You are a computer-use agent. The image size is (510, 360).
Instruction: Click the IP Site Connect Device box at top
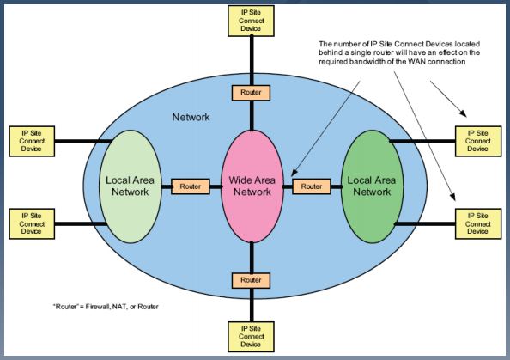tap(251, 21)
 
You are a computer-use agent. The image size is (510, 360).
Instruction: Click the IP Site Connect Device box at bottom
tap(251, 337)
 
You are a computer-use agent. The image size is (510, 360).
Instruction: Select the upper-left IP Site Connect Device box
tap(32, 141)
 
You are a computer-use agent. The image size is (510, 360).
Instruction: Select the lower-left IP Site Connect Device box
tap(32, 224)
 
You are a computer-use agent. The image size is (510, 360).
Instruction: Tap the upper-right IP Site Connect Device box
tap(478, 141)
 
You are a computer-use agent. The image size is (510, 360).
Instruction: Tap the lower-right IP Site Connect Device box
tap(478, 224)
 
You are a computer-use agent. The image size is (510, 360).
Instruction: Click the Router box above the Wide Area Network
tap(251, 93)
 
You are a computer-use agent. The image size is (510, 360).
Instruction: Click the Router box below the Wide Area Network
tap(251, 280)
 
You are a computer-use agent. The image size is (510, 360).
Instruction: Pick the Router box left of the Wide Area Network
tap(191, 186)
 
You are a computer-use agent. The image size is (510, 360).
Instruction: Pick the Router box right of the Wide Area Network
tap(312, 186)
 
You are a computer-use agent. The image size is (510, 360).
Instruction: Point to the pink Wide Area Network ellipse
tap(252, 186)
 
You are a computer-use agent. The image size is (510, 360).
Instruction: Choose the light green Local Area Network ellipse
tap(131, 186)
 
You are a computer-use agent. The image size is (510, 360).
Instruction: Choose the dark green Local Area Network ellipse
tap(372, 186)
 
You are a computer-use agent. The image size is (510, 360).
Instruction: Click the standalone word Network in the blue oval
tap(191, 117)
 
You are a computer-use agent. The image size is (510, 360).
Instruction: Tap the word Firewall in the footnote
tap(98, 307)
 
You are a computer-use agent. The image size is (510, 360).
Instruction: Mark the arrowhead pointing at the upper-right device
tap(463, 113)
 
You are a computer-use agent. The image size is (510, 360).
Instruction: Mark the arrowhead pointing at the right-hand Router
tap(294, 173)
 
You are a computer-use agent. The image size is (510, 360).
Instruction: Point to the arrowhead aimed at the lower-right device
tap(452, 197)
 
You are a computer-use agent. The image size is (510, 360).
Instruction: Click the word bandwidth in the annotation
tap(364, 62)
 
